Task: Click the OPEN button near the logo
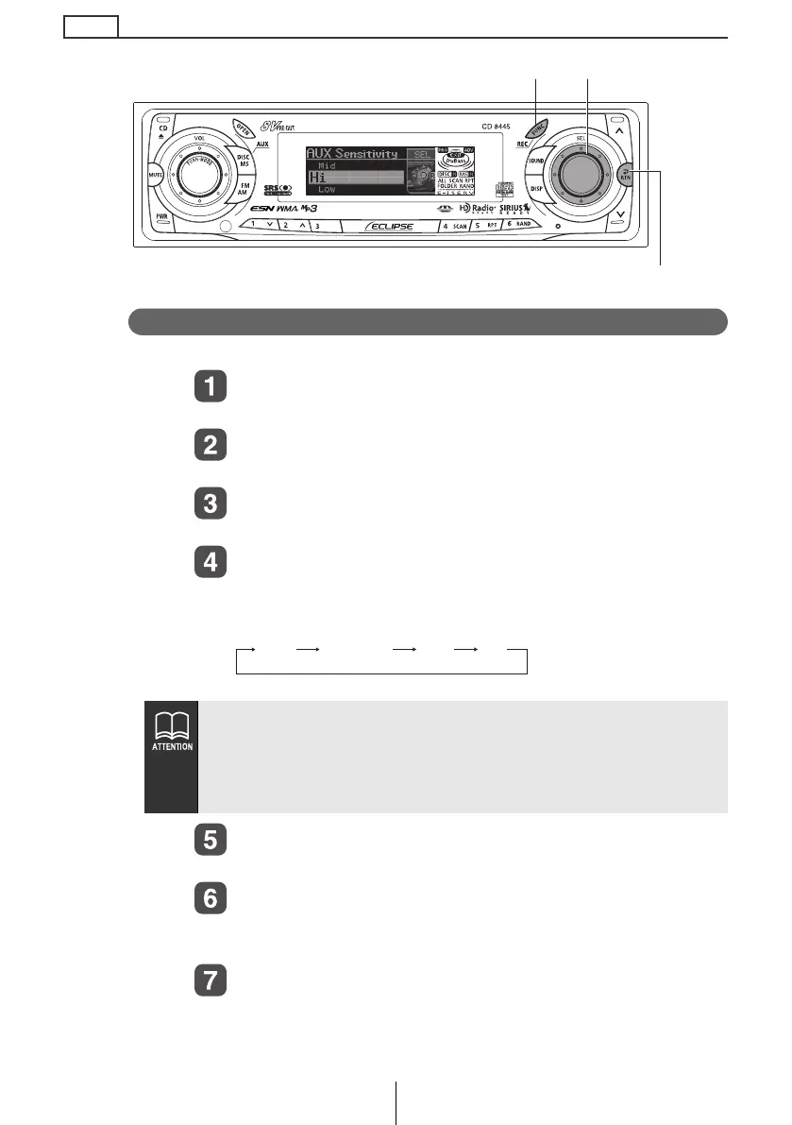pos(244,129)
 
